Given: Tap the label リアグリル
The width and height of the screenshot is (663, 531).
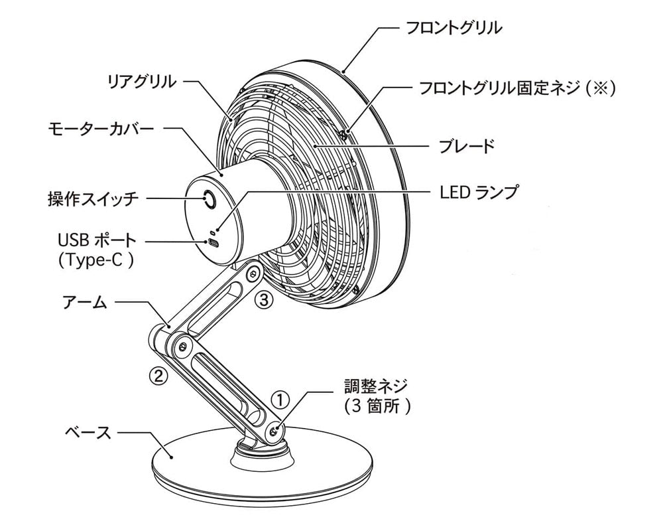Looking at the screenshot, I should click(142, 82).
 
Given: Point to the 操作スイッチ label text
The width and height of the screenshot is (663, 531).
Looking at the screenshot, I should click(93, 198).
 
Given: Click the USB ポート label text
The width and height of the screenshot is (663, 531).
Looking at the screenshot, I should click(97, 240).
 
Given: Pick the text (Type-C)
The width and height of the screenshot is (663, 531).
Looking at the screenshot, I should click(97, 260).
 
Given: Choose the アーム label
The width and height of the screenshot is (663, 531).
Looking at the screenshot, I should click(84, 303).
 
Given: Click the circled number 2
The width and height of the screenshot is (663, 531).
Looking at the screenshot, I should click(157, 376).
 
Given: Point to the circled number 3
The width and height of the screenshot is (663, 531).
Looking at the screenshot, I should click(264, 300).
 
